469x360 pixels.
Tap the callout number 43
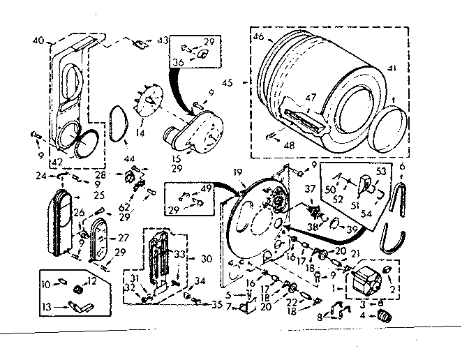click(x=163, y=40)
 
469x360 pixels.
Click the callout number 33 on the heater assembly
click(x=180, y=255)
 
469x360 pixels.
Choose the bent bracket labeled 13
click(x=78, y=305)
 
